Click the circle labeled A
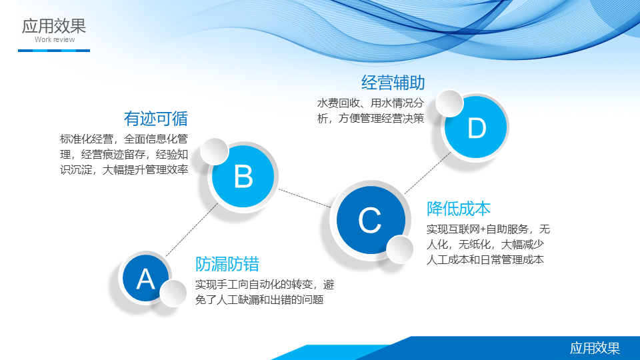pyautogui.click(x=145, y=279)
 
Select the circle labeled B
pyautogui.click(x=243, y=176)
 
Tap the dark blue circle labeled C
pyautogui.click(x=371, y=219)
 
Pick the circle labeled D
pyautogui.click(x=476, y=127)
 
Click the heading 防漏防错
pyautogui.click(x=227, y=264)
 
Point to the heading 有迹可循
pyautogui.click(x=156, y=119)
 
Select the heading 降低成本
pyautogui.click(x=459, y=209)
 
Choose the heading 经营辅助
pyautogui.click(x=393, y=83)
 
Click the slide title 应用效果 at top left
pyautogui.click(x=54, y=26)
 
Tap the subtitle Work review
pyautogui.click(x=55, y=39)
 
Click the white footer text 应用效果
pyautogui.click(x=595, y=348)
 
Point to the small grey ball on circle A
pyautogui.click(x=173, y=293)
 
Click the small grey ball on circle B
pyautogui.click(x=214, y=151)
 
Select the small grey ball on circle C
pyautogui.click(x=399, y=249)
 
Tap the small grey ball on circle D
pyautogui.click(x=449, y=103)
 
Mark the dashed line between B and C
pyautogui.click(x=305, y=198)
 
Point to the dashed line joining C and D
pyautogui.click(x=427, y=173)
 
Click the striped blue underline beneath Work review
pyautogui.click(x=54, y=51)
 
